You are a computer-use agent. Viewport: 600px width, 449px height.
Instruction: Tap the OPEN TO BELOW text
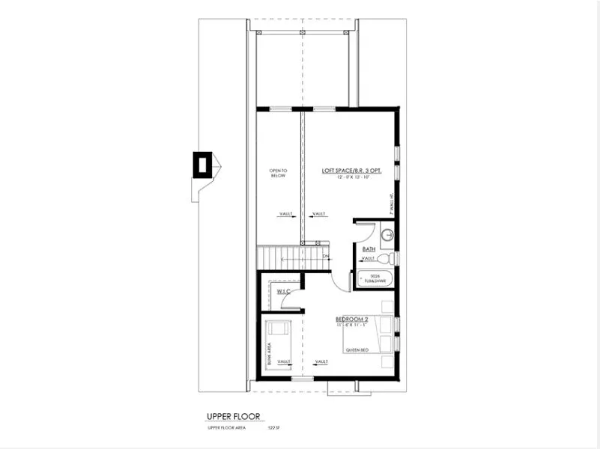278,174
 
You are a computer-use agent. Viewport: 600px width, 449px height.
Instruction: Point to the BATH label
369,248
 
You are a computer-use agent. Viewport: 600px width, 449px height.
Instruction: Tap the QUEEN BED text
357,349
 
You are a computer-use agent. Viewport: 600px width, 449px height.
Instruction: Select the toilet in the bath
384,258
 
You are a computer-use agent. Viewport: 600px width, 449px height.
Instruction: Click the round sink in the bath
387,236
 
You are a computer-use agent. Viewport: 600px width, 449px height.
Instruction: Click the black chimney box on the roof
201,164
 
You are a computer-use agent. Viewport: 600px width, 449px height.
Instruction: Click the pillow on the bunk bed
279,328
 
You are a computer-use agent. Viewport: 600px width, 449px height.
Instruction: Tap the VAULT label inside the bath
369,259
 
